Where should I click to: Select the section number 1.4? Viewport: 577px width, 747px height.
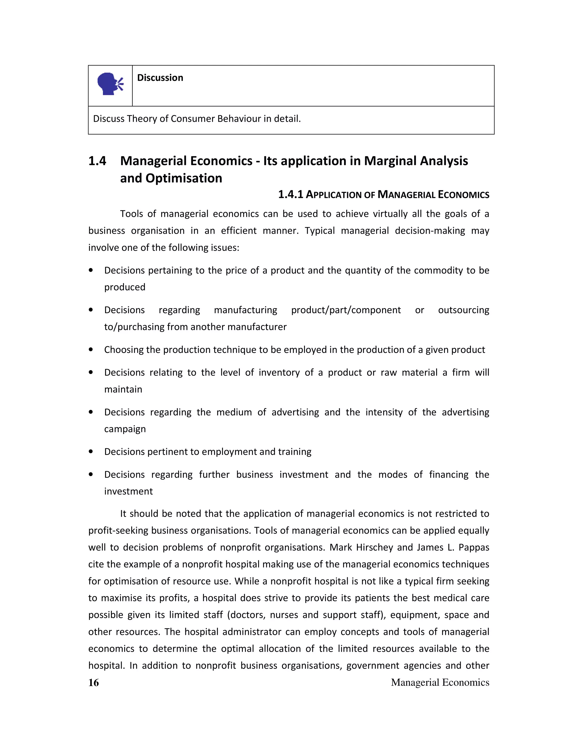(97, 161)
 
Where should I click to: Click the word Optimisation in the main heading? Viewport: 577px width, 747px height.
(184, 178)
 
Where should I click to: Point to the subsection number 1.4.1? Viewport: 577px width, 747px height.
(290, 195)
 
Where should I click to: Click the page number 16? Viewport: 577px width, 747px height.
(93, 683)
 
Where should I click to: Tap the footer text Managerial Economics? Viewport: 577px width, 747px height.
(440, 682)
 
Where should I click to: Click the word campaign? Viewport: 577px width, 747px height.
(125, 429)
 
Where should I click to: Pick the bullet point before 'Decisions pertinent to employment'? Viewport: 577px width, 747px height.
(91, 452)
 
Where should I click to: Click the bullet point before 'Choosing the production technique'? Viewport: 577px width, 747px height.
(91, 350)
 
